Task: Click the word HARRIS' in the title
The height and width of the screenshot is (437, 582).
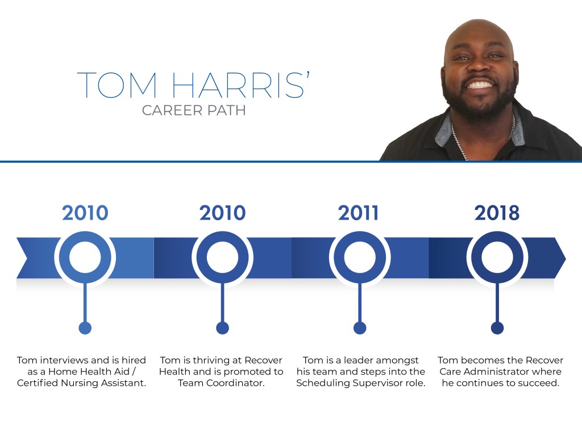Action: click(240, 85)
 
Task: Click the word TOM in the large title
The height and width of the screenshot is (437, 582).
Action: click(117, 85)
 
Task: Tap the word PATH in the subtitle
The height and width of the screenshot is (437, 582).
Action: click(226, 110)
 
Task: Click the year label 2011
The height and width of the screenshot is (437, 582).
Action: click(358, 213)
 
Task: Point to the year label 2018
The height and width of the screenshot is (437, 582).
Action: click(497, 213)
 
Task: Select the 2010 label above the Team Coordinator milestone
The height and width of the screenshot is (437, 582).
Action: click(222, 213)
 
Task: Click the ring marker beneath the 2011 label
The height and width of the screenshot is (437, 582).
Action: click(360, 258)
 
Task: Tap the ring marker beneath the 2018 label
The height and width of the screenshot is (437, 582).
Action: click(497, 258)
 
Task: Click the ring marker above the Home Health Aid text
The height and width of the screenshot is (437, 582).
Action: click(85, 258)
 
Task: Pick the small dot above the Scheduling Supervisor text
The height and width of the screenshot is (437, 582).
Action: click(360, 328)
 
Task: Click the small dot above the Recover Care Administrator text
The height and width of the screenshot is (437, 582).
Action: click(497, 328)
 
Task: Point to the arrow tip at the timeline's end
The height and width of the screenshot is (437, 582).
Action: click(566, 258)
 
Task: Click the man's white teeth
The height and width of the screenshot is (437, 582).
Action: click(480, 85)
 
